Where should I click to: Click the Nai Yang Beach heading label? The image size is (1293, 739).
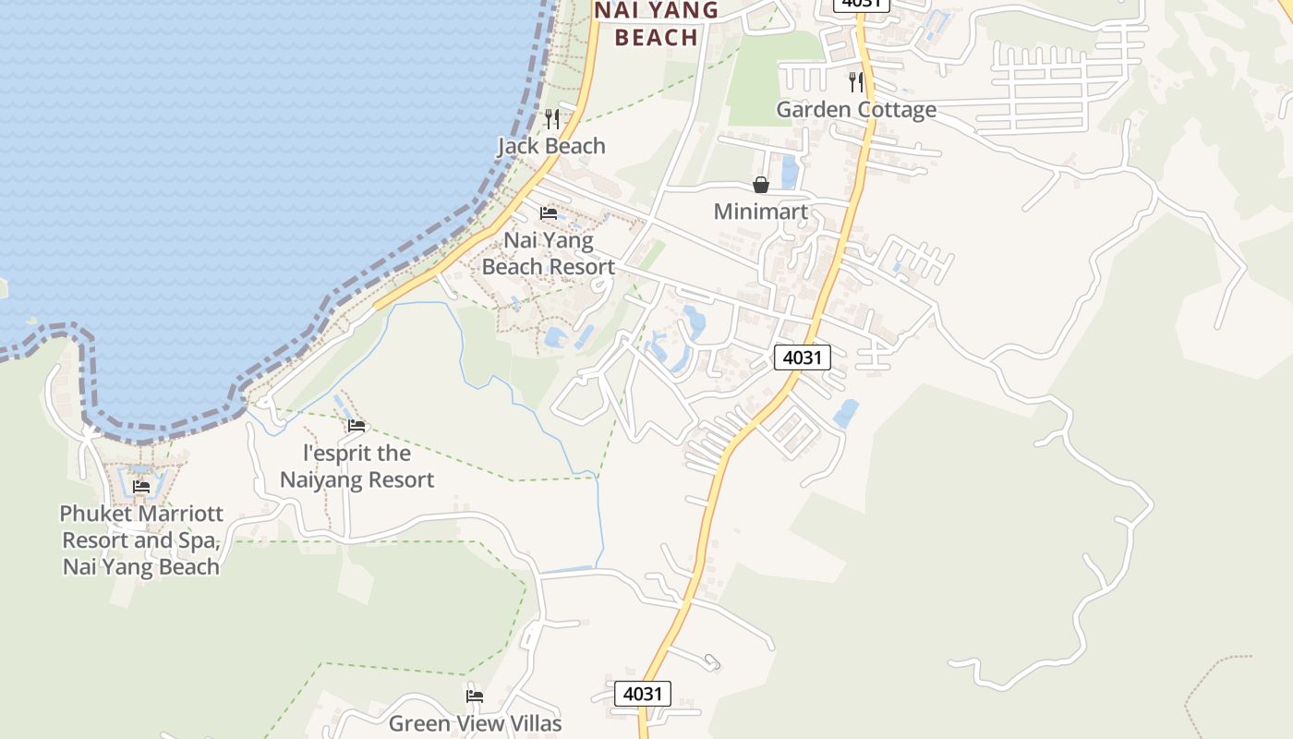(656, 24)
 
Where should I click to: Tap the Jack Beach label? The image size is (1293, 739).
(551, 146)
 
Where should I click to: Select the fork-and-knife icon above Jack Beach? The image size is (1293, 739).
(552, 118)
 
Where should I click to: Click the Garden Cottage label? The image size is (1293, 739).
(855, 109)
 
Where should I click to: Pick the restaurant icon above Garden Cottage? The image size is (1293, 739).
(856, 81)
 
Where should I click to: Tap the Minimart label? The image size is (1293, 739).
(760, 212)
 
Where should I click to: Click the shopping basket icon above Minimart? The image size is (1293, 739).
(761, 185)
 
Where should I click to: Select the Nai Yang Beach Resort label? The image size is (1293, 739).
(548, 253)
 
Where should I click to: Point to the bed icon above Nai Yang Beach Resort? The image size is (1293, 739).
(549, 213)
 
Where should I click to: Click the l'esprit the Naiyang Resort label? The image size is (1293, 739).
(356, 466)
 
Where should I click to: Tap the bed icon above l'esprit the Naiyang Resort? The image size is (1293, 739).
(356, 426)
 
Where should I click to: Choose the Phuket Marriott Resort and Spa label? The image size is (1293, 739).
(141, 539)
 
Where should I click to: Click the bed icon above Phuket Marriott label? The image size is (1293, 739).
(141, 487)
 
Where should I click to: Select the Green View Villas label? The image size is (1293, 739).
(475, 723)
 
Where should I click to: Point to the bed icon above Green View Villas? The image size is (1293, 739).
(475, 696)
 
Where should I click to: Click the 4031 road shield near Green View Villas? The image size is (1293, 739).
(643, 694)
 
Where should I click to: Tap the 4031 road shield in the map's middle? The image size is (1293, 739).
(802, 357)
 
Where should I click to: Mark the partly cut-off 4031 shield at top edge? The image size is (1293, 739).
(860, 4)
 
